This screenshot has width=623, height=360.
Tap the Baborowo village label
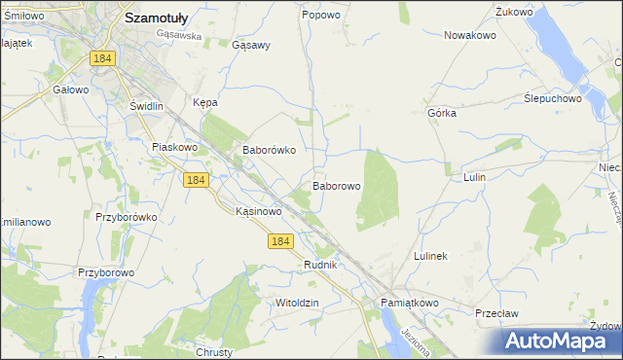pos(337,185)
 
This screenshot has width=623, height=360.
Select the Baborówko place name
pos(269,151)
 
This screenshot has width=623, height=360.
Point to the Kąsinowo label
pos(260,210)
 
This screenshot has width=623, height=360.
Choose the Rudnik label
pos(320,265)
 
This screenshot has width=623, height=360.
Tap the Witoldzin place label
pos(297,303)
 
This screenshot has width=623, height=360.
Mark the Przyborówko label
pos(127,218)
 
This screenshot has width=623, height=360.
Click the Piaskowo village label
pos(175,147)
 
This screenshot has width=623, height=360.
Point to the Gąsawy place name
pos(251,45)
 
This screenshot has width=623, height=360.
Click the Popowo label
pos(321,15)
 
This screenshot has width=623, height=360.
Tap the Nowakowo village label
pos(470,35)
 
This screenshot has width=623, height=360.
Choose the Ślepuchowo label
pos(552,98)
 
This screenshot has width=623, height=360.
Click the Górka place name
pos(442,113)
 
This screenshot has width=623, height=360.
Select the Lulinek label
pos(430,256)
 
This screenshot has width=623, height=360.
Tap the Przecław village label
pos(494,313)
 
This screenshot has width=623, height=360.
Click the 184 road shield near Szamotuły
pos(103,58)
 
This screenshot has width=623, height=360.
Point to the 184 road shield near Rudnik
pos(281,240)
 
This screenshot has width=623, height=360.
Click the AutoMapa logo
pos(560,341)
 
